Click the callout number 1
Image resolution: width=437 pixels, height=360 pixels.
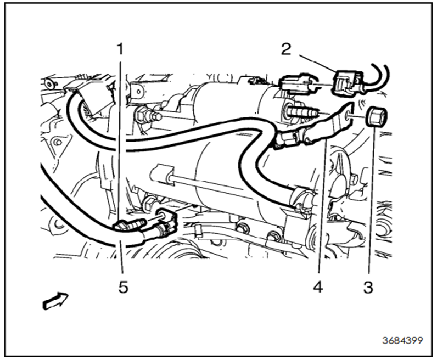(120, 49)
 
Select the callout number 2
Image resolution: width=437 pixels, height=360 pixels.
(286, 49)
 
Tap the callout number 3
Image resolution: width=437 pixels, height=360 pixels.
(368, 287)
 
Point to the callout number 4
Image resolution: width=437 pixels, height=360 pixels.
(318, 287)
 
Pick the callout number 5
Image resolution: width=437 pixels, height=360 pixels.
(123, 287)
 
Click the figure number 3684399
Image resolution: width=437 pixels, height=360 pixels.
(402, 340)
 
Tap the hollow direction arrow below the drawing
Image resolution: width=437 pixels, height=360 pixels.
(55, 300)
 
